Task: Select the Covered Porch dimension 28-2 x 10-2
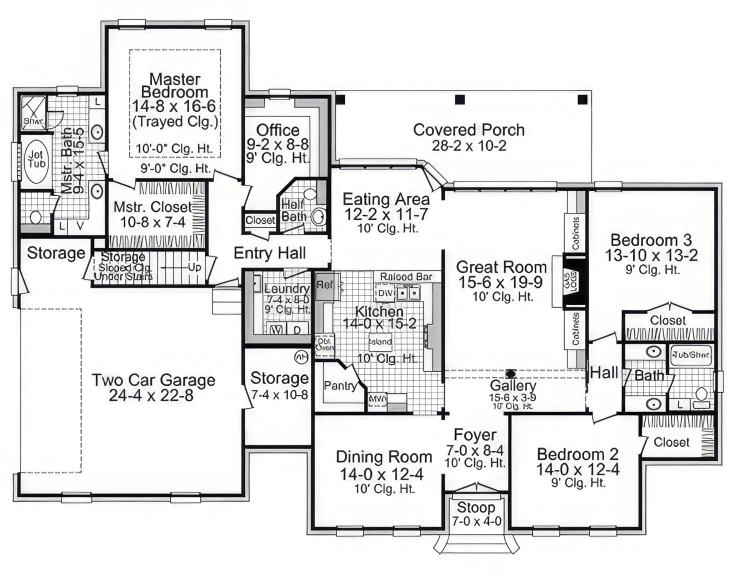coord(468,146)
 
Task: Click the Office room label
coord(277,130)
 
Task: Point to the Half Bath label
coord(293,210)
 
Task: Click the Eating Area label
coord(385,199)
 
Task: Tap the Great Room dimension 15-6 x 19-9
coord(500,282)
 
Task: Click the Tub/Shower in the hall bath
coord(691,355)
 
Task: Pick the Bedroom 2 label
coord(577,454)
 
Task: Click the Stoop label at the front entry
coord(475,507)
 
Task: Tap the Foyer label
coord(475,435)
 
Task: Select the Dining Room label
coord(383,457)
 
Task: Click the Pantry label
coord(340,385)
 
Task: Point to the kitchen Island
coord(380,342)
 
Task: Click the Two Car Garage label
coord(153,380)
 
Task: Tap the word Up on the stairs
coord(194,267)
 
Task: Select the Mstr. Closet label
coord(152,207)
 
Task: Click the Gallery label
coord(512,385)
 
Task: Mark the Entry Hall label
coord(269,253)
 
